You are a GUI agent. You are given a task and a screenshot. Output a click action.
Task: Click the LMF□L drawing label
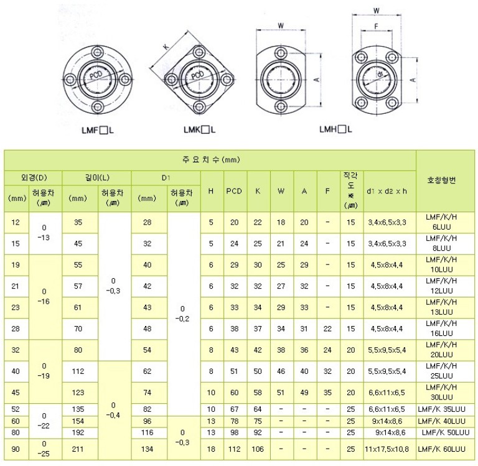pyautogui.click(x=98, y=131)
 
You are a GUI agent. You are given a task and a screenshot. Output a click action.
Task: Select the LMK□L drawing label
pyautogui.click(x=199, y=130)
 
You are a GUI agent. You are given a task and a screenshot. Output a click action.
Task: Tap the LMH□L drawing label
pyautogui.click(x=335, y=129)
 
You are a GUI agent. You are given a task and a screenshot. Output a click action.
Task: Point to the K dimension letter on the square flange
pyautogui.click(x=166, y=47)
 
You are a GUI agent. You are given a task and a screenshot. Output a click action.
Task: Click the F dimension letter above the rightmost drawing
pyautogui.click(x=376, y=27)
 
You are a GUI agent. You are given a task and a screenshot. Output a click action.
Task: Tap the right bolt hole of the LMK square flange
pyautogui.click(x=227, y=80)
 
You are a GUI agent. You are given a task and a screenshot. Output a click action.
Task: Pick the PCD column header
pyautogui.click(x=234, y=191)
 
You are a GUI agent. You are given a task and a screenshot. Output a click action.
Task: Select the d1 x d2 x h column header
pyautogui.click(x=387, y=191)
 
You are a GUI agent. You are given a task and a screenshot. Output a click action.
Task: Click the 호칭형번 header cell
pyautogui.click(x=441, y=180)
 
